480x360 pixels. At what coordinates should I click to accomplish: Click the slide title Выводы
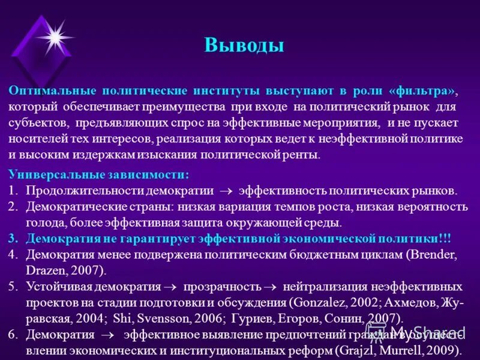point(244,45)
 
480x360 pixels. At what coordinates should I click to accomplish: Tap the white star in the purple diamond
point(55,37)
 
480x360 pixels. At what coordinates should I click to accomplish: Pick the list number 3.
point(13,238)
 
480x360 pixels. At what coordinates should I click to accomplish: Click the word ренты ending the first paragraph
point(300,155)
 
